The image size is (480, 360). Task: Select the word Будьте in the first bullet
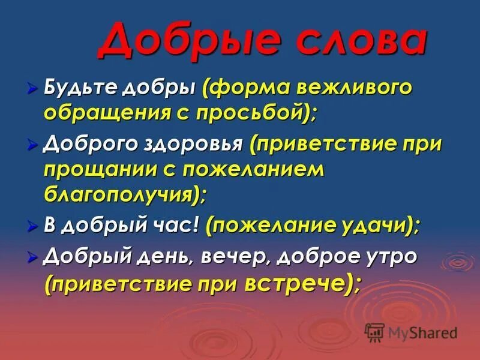(80, 89)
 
